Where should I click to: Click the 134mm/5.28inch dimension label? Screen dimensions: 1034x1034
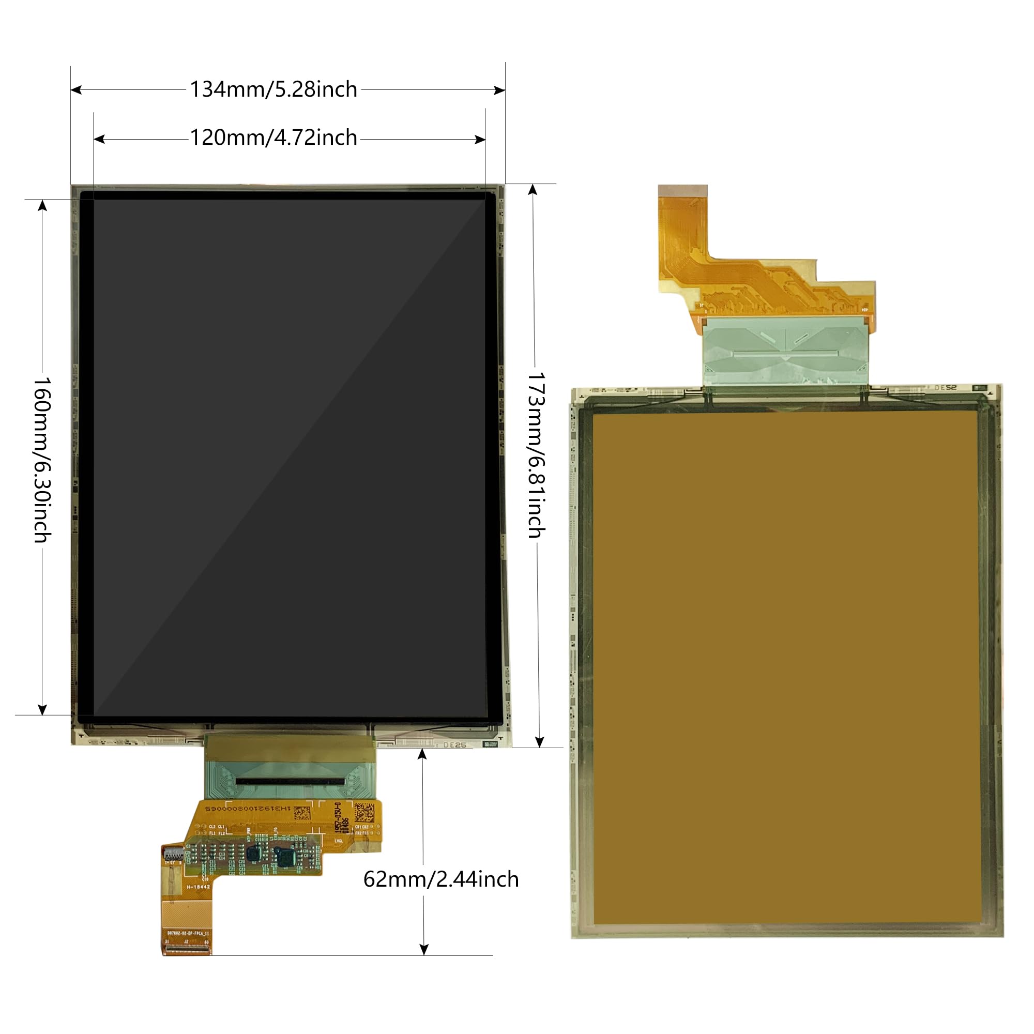[x=273, y=89]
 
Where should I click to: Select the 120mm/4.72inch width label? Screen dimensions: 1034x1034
[x=273, y=138]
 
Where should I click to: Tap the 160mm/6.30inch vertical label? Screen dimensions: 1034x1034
[x=43, y=459]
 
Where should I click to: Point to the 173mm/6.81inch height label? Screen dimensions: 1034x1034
[x=536, y=455]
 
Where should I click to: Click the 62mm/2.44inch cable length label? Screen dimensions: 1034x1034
[x=441, y=879]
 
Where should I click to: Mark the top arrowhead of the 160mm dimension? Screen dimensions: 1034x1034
[x=42, y=205]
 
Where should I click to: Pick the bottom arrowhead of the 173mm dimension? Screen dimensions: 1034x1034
[x=539, y=742]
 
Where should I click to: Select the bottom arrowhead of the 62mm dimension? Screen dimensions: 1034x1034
[x=424, y=949]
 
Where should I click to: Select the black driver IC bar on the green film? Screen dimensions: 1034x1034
[x=290, y=782]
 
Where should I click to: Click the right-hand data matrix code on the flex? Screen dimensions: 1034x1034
[x=364, y=812]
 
